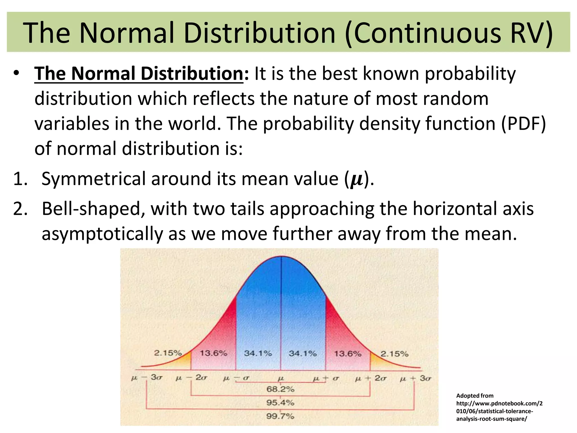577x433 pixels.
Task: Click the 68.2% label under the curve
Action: (280, 389)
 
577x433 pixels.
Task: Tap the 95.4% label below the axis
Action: (280, 403)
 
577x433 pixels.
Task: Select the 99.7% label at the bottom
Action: (280, 416)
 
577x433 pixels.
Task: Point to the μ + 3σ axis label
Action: (415, 378)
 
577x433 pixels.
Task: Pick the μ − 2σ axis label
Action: (191, 377)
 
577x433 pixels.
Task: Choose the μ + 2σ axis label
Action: (370, 378)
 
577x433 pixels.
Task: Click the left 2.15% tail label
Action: (168, 353)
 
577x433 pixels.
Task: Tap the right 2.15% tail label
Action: (394, 354)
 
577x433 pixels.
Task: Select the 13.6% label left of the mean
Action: (213, 353)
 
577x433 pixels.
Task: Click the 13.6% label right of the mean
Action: (348, 354)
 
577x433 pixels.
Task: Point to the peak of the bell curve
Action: (281, 257)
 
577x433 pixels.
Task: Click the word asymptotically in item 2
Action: (102, 234)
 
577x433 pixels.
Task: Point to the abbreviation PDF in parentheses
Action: (523, 123)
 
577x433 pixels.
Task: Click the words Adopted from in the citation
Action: (475, 396)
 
